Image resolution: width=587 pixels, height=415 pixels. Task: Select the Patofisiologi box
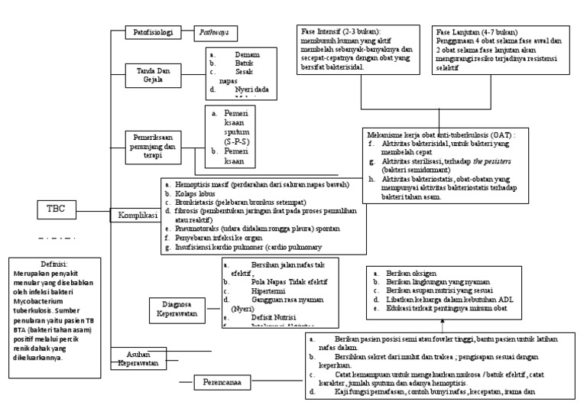tap(151, 33)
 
